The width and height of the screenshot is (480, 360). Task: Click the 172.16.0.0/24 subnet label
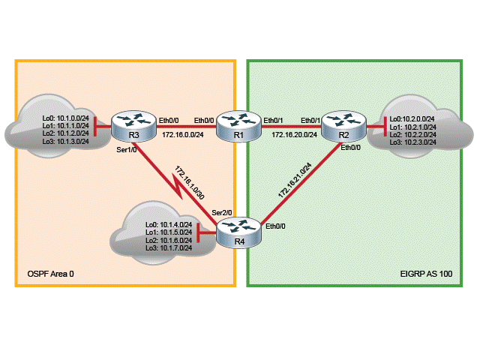184,135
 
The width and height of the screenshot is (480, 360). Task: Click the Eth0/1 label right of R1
274,120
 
